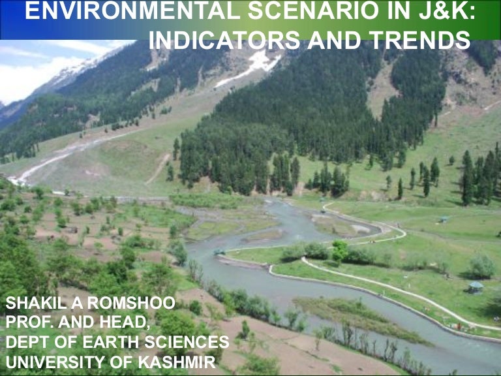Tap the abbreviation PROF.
(27, 322)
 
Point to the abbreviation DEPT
(25, 342)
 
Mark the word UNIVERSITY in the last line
(46, 361)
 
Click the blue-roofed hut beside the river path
(476, 287)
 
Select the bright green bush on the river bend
(340, 249)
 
